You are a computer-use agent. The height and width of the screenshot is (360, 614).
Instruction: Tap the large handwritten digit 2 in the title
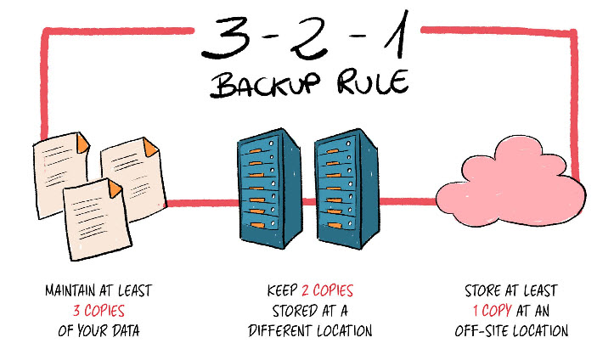tap(309, 39)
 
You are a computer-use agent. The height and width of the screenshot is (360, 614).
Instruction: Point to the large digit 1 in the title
tap(398, 35)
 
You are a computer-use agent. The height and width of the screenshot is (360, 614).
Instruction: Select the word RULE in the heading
tap(373, 82)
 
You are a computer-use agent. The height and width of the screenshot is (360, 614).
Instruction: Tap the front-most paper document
tap(98, 219)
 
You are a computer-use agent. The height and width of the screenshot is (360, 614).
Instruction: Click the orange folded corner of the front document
tap(115, 189)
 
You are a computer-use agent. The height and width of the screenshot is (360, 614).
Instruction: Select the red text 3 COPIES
tap(99, 311)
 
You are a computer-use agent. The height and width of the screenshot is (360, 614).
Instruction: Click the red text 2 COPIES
tap(327, 290)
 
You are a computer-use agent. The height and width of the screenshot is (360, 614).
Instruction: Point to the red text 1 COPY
tap(493, 311)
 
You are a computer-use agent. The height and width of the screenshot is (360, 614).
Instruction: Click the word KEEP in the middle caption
tap(282, 290)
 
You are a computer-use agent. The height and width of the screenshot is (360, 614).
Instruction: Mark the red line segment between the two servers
tap(308, 202)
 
